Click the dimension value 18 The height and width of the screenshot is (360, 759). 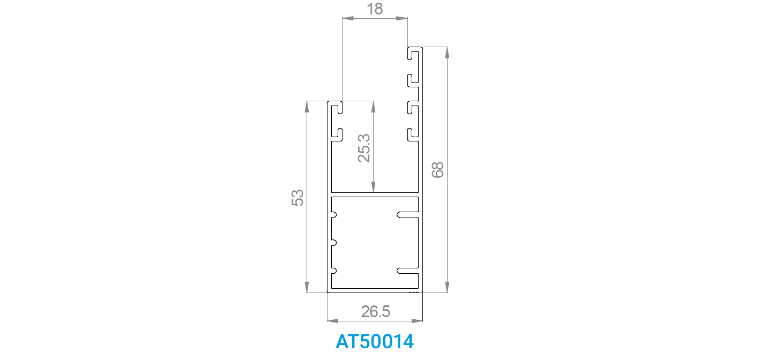(375, 9)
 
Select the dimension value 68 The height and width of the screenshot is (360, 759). (437, 170)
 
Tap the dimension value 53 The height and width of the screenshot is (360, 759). (297, 198)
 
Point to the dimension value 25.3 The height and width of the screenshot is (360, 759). (364, 148)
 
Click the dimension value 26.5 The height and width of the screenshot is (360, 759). (375, 312)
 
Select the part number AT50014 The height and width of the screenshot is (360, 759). (375, 341)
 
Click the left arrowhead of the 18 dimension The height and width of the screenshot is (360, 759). (348, 18)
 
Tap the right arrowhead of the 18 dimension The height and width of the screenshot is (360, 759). (402, 18)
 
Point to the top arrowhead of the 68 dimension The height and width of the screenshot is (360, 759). (447, 53)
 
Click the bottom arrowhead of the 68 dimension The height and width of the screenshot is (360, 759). (447, 287)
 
